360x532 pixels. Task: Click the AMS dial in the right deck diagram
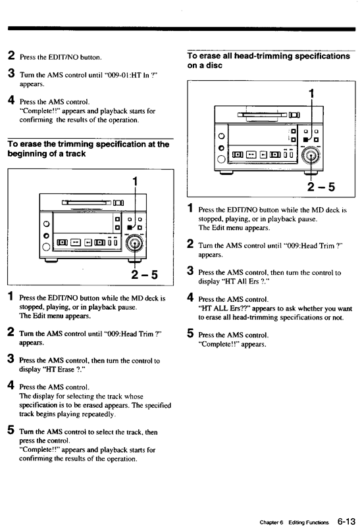[310, 155]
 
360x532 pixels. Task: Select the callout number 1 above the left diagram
[135, 181]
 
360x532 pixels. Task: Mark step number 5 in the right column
[190, 333]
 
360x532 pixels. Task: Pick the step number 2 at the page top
[11, 57]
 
